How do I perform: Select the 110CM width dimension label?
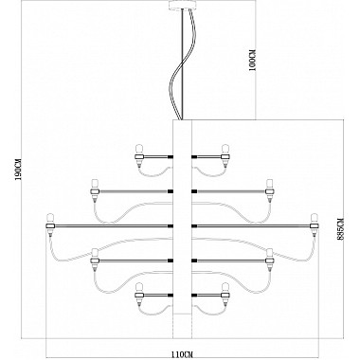(182, 354)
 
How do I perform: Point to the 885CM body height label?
(340, 229)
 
